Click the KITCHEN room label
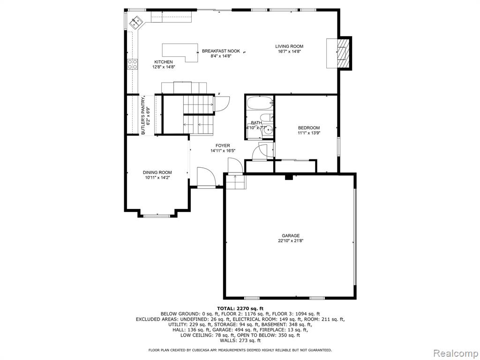[164, 62]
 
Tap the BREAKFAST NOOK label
[221, 51]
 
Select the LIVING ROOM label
[289, 46]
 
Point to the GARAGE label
[291, 236]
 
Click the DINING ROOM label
[157, 172]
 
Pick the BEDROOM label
[309, 128]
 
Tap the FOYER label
[223, 146]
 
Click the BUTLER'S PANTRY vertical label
[143, 116]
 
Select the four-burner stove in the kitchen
[133, 64]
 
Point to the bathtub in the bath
[260, 104]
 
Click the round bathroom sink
[269, 130]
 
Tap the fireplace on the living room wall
[342, 53]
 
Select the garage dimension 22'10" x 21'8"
[291, 240]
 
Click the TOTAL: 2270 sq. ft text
[240, 308]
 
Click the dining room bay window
[157, 216]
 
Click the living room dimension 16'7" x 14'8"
[289, 52]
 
